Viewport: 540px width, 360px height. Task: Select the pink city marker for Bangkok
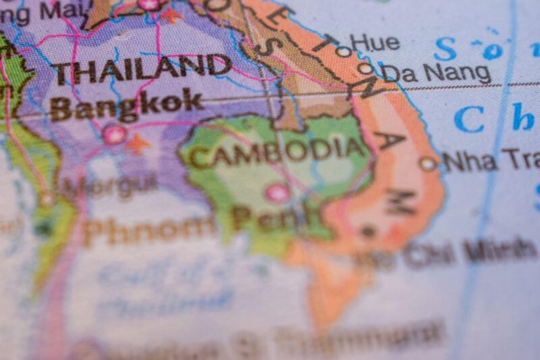(x=113, y=134)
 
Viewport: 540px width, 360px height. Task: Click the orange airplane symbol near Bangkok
(x=138, y=143)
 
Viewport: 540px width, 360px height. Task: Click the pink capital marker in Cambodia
(x=277, y=192)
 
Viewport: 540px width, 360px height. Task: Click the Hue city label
(x=375, y=43)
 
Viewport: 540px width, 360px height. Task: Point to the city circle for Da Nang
(x=365, y=68)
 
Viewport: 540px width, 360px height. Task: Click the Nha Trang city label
(x=490, y=160)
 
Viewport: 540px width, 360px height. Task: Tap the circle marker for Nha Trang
(x=427, y=163)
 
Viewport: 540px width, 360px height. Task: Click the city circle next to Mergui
(x=47, y=199)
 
